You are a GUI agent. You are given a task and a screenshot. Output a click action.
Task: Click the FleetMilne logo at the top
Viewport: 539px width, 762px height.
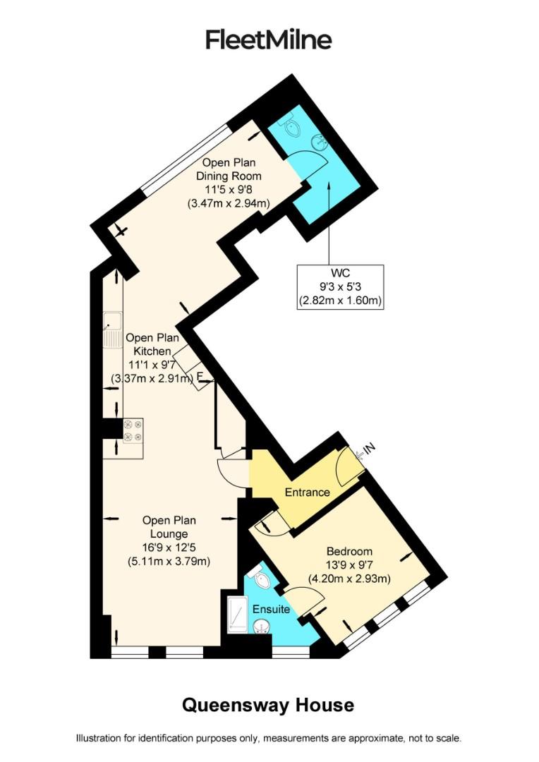tap(269, 40)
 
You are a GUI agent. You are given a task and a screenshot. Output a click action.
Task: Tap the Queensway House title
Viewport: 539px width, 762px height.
tap(268, 705)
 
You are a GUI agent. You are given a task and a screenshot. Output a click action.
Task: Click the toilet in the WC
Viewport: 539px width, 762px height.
tap(291, 126)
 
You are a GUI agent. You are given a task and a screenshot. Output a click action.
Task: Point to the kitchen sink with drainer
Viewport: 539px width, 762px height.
tap(113, 329)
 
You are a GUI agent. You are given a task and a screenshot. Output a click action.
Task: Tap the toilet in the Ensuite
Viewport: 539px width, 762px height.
tap(262, 579)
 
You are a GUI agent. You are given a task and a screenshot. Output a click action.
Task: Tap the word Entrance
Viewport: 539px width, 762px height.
tap(307, 492)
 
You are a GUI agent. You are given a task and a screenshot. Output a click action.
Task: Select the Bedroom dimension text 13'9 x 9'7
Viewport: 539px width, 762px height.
tap(349, 565)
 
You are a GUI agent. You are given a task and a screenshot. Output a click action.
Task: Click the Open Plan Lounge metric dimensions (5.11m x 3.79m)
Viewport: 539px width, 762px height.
tap(169, 562)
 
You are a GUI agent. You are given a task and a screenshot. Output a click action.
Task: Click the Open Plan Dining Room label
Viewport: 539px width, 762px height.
tap(229, 169)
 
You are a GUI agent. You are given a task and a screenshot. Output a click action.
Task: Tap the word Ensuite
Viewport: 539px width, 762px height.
tap(272, 609)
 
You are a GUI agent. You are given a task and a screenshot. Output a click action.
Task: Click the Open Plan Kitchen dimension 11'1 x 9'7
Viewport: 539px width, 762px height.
tap(148, 365)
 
